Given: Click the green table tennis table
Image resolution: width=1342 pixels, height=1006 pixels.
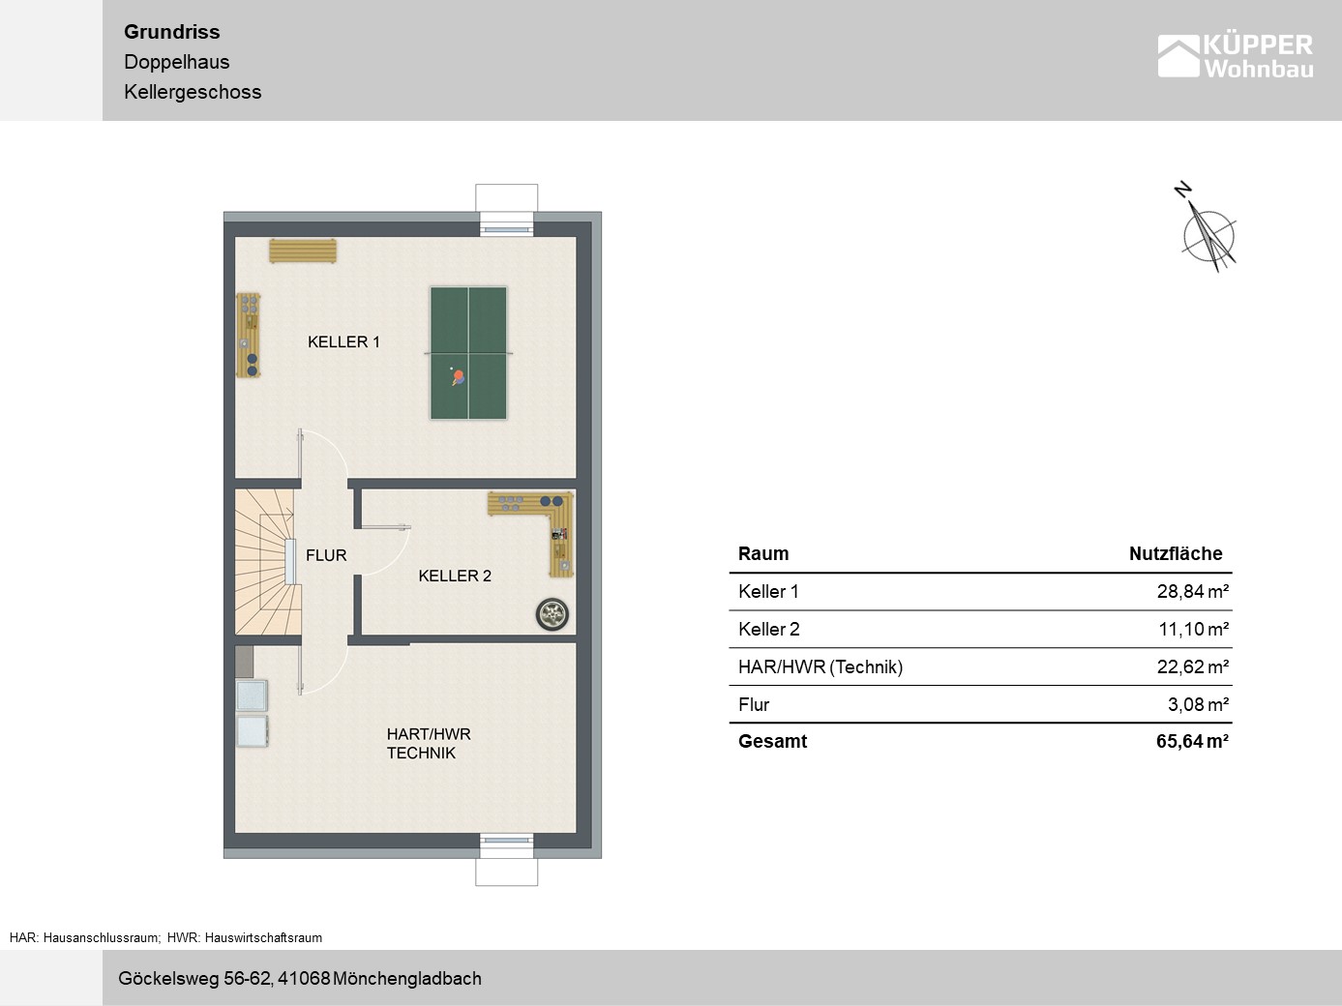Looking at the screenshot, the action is click(468, 353).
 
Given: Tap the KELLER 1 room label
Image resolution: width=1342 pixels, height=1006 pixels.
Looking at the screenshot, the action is click(343, 341).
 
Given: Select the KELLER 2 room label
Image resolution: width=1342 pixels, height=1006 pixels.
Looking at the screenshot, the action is click(455, 576).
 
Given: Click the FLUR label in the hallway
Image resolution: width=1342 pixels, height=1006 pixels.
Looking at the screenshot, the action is click(326, 555).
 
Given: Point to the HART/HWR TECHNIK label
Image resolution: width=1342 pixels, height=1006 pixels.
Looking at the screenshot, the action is click(429, 743).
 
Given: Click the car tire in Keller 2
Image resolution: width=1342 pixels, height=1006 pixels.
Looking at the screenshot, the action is click(552, 614).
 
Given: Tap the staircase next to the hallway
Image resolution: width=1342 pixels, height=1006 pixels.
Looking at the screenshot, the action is click(268, 561).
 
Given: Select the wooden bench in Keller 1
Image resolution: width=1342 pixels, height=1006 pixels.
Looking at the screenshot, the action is click(303, 251).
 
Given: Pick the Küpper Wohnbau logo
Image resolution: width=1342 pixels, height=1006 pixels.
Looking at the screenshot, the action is click(1235, 56).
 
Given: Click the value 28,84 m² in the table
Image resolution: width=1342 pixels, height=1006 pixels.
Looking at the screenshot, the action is click(1192, 592).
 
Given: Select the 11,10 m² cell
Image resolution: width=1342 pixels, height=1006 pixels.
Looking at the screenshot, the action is click(1193, 629).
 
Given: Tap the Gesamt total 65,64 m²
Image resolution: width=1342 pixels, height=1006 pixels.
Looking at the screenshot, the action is click(1192, 741).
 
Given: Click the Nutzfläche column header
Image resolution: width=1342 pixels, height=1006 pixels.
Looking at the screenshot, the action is click(1176, 553).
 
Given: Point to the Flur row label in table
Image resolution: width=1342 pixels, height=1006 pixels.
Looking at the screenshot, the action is click(754, 705).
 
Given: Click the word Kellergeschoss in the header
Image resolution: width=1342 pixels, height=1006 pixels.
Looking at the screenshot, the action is click(193, 92).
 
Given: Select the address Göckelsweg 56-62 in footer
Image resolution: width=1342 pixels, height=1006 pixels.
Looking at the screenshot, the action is click(194, 979).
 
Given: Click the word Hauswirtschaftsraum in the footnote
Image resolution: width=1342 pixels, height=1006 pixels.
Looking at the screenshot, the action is click(263, 937).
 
